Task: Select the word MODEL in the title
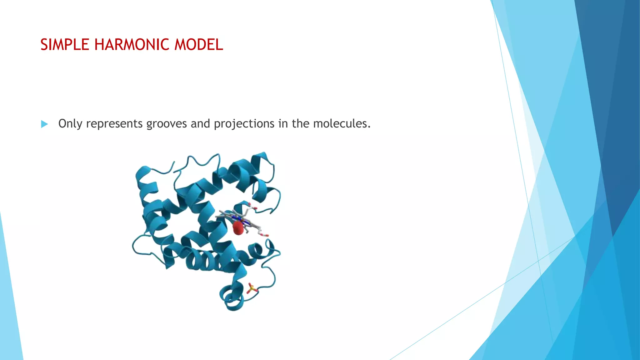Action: coord(198,44)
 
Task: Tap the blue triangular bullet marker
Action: coord(44,124)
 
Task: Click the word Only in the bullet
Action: coord(70,124)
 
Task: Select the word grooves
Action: coord(167,124)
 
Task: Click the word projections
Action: coord(244,124)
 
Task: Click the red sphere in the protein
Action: coord(238,228)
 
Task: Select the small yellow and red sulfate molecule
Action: coord(252,288)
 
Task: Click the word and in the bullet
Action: coord(200,124)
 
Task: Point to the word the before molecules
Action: coord(301,124)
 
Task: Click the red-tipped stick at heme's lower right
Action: coord(264,234)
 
